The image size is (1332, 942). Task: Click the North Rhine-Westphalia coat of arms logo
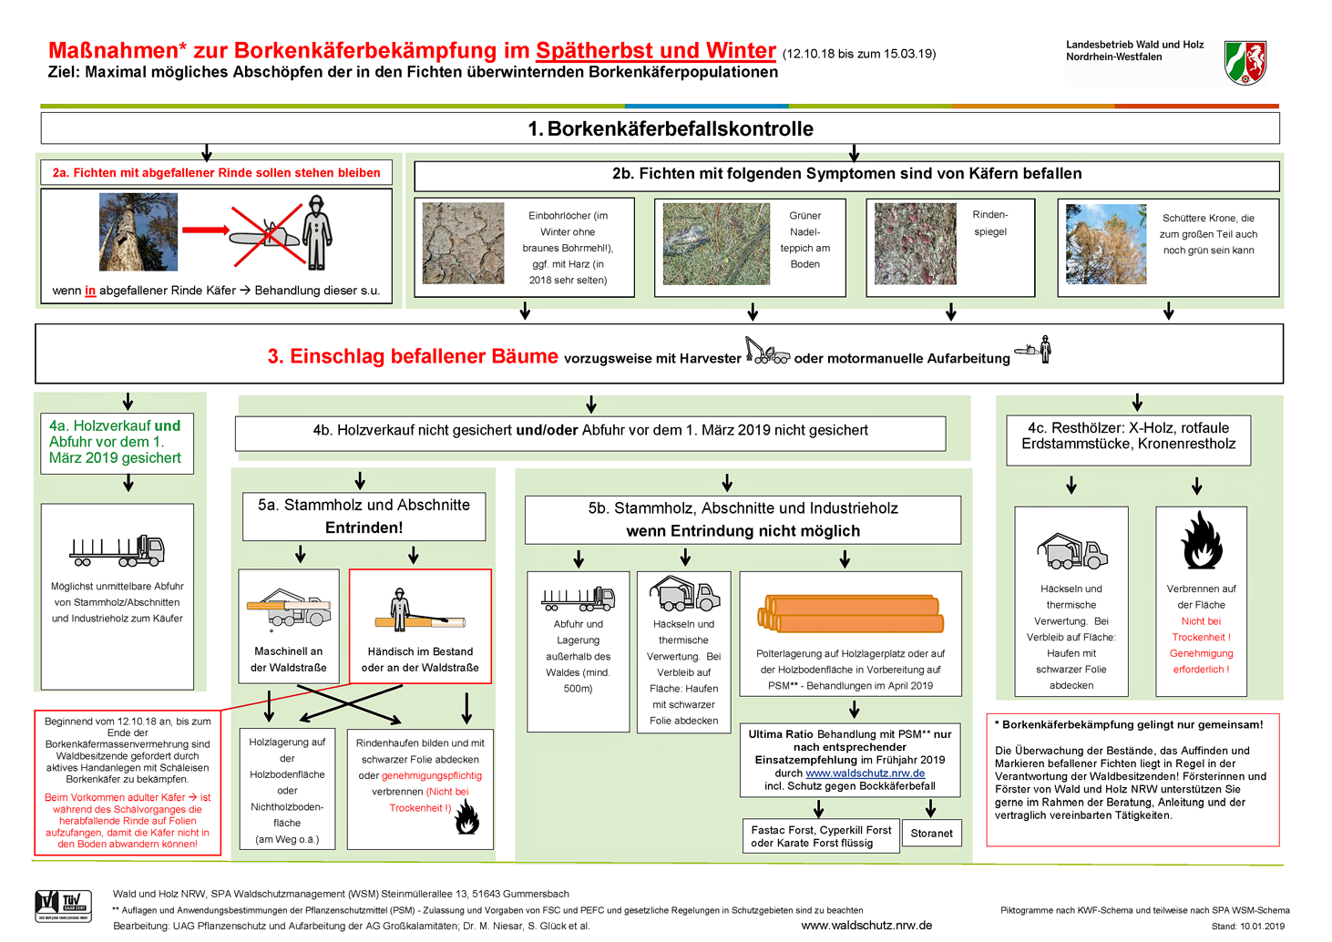click(1245, 63)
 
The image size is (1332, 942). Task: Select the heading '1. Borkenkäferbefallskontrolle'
click(671, 128)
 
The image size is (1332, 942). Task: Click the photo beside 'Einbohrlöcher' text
click(463, 243)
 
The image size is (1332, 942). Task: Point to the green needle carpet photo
click(716, 243)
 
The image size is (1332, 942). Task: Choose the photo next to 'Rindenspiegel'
click(915, 243)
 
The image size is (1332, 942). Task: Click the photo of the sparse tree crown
click(1106, 243)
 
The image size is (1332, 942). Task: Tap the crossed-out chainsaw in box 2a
click(266, 234)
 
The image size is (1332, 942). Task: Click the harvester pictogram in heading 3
click(767, 351)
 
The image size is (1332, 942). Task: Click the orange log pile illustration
click(850, 613)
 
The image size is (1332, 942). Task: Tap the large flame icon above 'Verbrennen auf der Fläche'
click(1202, 541)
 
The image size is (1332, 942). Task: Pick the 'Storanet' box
click(931, 833)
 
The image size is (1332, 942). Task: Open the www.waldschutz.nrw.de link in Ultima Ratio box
click(865, 773)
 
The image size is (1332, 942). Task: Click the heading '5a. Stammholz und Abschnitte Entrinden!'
click(364, 516)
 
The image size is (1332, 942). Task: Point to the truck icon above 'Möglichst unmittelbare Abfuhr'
click(118, 550)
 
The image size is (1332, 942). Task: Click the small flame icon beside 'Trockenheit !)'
click(467, 817)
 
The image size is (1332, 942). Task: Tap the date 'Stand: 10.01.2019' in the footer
click(1247, 927)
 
